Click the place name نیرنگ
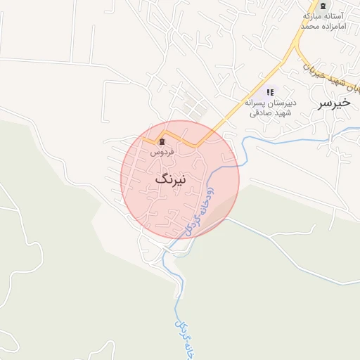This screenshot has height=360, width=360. point(171,180)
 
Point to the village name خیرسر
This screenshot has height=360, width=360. point(334,103)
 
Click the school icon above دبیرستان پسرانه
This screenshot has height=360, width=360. point(270,92)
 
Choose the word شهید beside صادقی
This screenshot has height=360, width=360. point(280,112)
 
